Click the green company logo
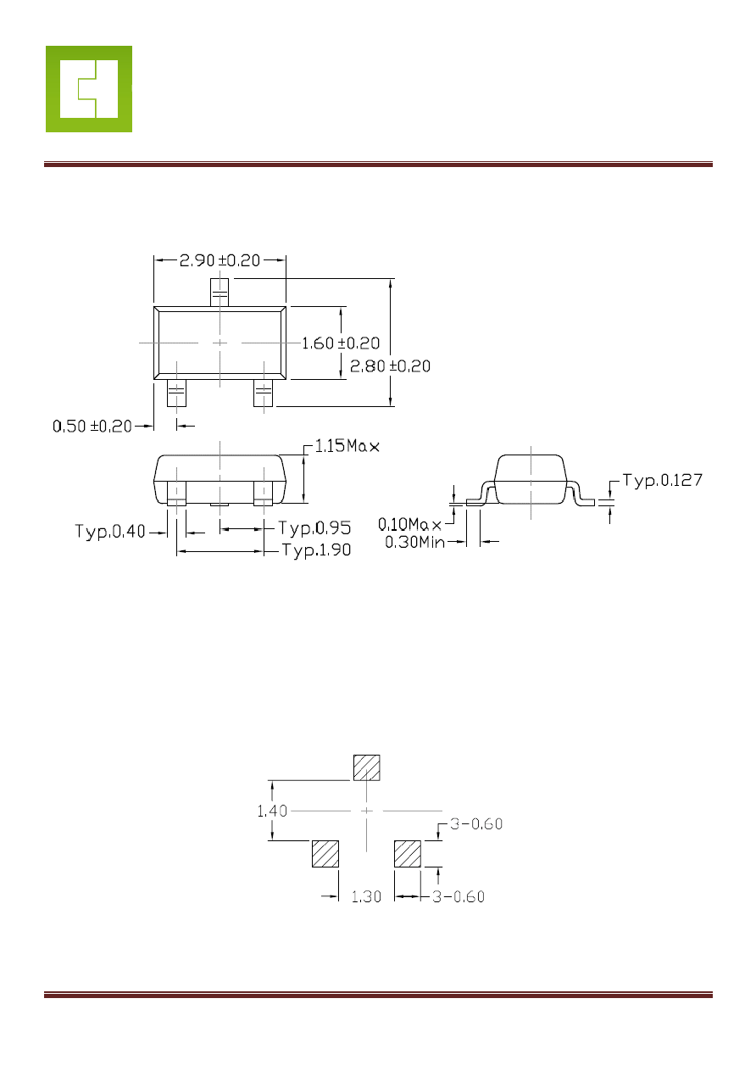pos(89,89)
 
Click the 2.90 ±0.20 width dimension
pos(220,260)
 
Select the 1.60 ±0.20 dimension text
pos(341,343)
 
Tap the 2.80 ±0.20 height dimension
pos(390,366)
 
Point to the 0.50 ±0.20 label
pos(92,426)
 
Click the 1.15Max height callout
pos(347,446)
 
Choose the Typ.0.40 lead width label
pos(110,532)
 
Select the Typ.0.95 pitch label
pos(314,528)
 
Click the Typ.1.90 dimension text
pos(316,550)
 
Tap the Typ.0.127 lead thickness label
pos(662,481)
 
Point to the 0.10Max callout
pos(409,525)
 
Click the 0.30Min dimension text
pos(414,542)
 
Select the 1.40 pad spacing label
pos(272,811)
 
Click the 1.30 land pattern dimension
pos(366,896)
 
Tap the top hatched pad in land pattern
pos(366,768)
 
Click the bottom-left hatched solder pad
pos(325,854)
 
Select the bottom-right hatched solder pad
pos(408,854)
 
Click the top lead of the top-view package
pos(220,293)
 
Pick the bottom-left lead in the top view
pos(176,393)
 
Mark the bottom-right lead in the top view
pos(264,393)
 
